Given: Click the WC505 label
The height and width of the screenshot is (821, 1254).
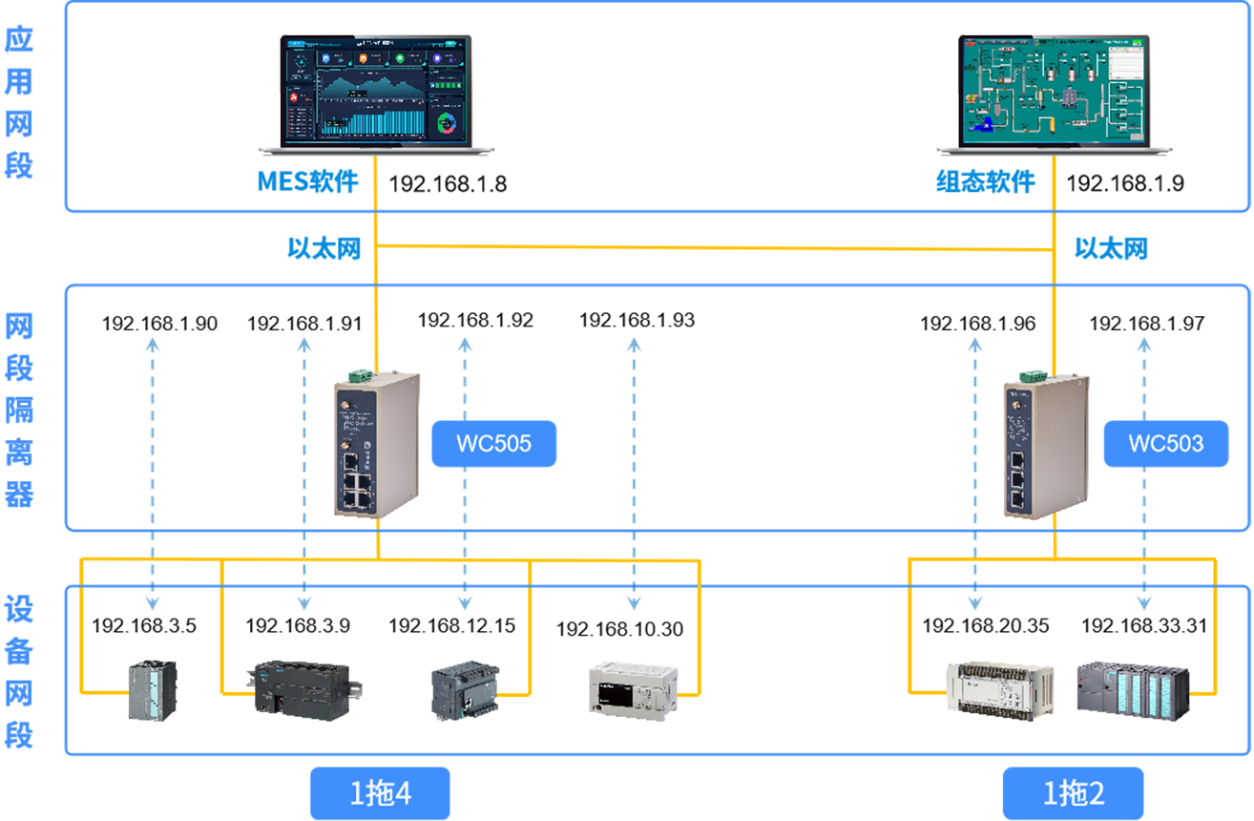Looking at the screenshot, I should click(492, 443).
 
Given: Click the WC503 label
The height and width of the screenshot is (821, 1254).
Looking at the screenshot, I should click(1165, 443).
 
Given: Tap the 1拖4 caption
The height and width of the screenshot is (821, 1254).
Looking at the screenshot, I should click(380, 793).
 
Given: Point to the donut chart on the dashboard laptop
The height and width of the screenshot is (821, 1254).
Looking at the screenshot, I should click(447, 123).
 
